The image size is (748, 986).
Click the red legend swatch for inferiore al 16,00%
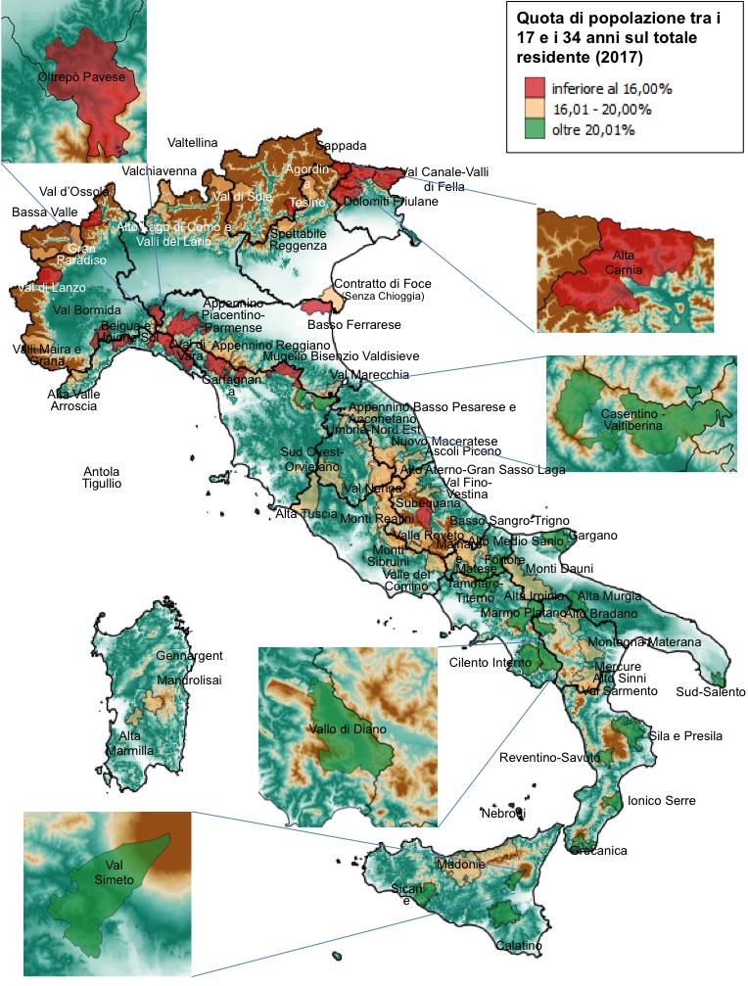(x=534, y=88)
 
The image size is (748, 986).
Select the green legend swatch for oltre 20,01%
(x=534, y=128)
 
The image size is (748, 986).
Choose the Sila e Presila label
(x=685, y=735)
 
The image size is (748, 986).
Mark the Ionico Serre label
(x=662, y=801)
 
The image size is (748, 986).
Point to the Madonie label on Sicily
(x=459, y=865)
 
